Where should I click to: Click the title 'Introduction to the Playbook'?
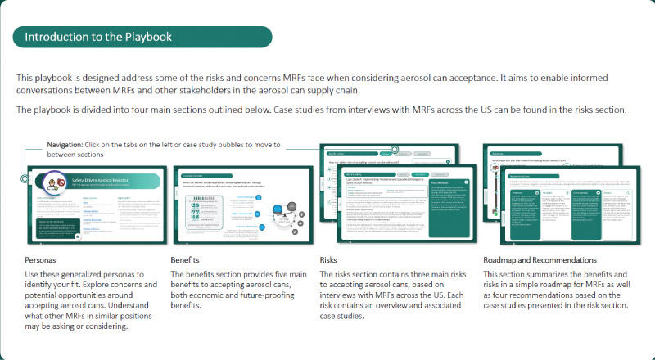[x=99, y=37]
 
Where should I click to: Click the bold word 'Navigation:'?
[x=65, y=145]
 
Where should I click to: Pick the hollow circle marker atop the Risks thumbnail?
[x=395, y=150]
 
